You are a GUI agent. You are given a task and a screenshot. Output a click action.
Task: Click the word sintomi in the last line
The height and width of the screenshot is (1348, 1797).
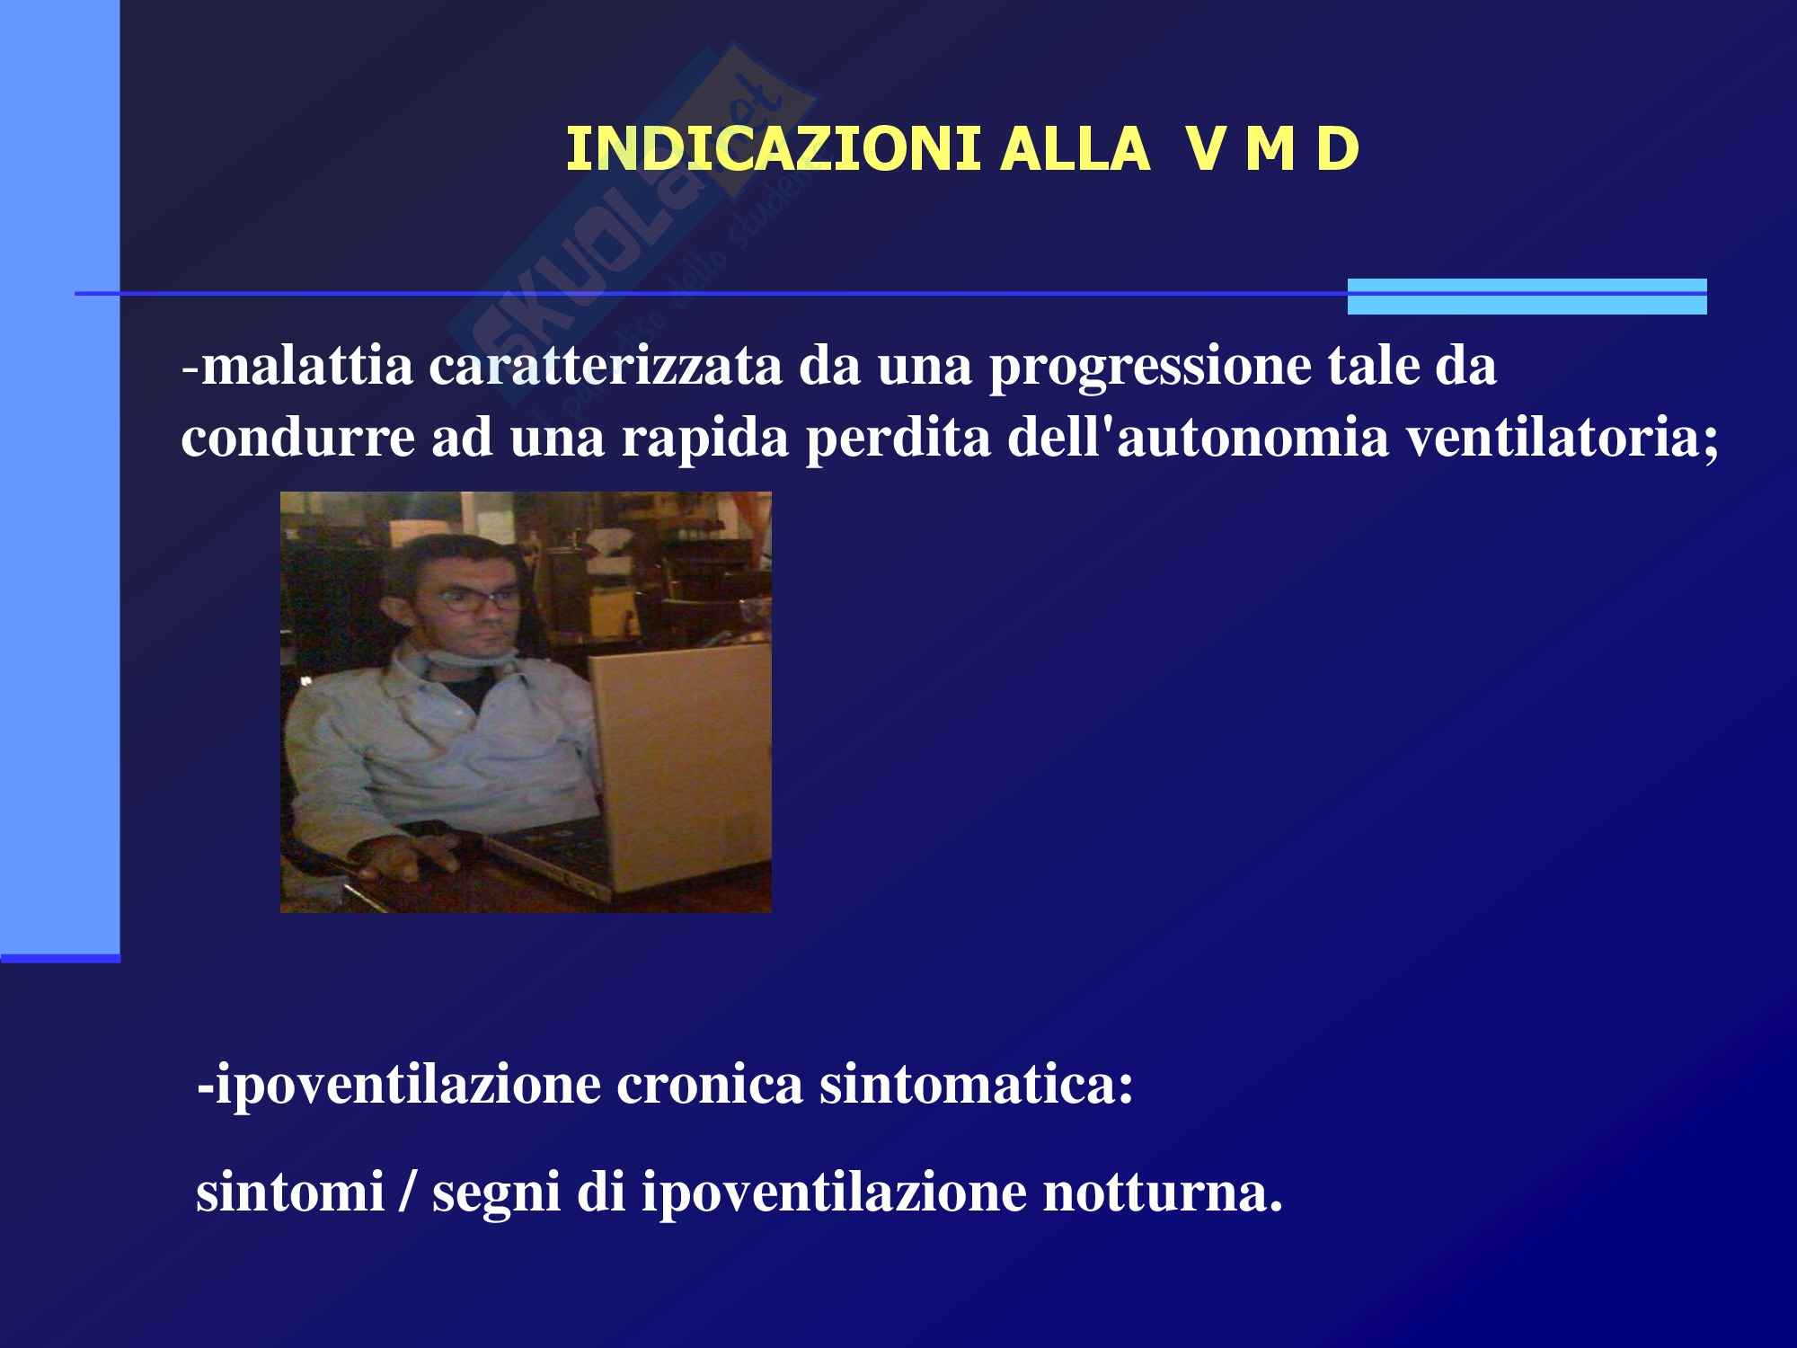[290, 1193]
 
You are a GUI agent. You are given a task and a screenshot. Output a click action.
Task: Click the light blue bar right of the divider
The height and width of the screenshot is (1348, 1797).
[1527, 297]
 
